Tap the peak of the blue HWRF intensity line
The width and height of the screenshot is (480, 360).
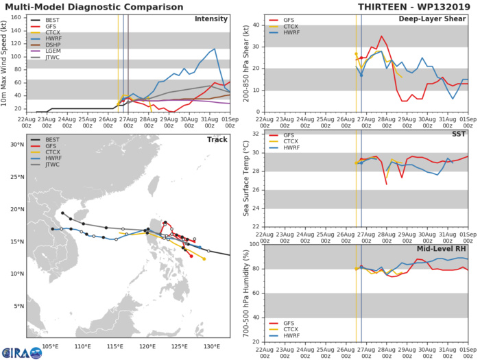(215, 49)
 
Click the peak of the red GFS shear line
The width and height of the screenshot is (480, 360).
(382, 36)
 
